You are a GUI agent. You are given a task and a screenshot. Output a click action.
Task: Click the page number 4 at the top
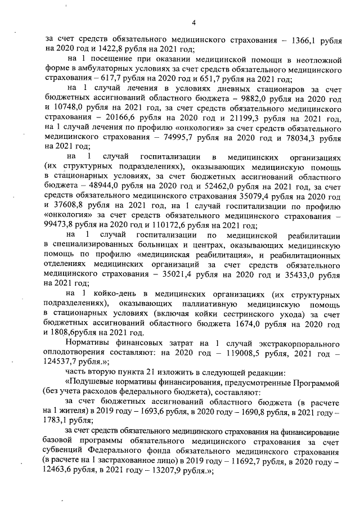coord(193,23)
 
